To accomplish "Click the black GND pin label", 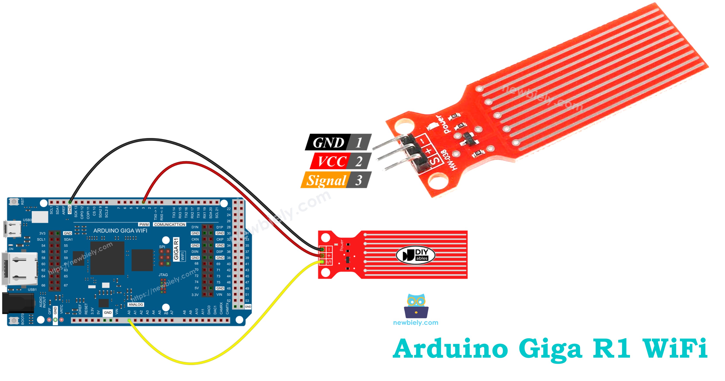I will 328,142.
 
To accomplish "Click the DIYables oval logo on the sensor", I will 415,255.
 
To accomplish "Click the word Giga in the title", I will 550,349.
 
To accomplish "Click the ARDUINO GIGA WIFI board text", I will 120,231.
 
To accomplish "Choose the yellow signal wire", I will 191,363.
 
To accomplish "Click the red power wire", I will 186,163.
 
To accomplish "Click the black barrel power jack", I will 17,303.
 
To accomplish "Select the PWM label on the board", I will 144,225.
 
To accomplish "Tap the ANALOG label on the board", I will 136,305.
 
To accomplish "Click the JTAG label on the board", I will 163,275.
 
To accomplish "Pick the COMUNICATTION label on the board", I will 170,225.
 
